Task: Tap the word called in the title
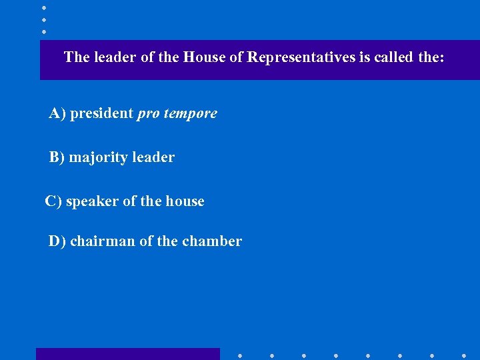coord(394,57)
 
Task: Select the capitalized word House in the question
coord(205,57)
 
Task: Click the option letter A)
coord(57,113)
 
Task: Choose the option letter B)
coord(57,158)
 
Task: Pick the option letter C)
coord(53,201)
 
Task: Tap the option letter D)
coord(57,241)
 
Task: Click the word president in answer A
coord(101,113)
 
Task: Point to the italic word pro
coord(147,114)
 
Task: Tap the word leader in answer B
coord(153,158)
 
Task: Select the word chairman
coord(103,241)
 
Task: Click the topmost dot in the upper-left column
coord(44,7)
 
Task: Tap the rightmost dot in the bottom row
coord(464,355)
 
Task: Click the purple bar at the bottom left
coord(127,354)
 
